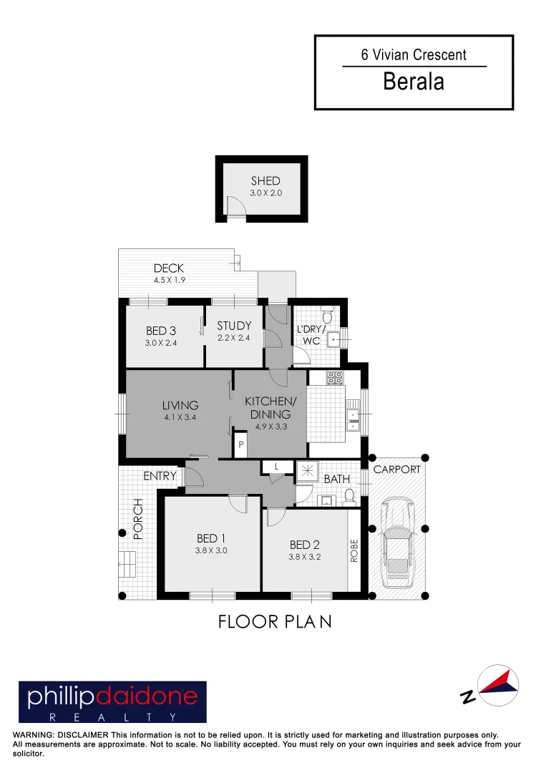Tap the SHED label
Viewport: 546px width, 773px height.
point(265,181)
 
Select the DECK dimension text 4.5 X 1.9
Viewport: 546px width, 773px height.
point(169,281)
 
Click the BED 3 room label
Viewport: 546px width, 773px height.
point(161,331)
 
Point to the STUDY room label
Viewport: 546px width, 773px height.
point(234,326)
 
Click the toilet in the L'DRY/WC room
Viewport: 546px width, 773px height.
point(327,314)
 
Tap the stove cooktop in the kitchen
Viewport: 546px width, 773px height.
point(335,379)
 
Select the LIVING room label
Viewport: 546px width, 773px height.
point(180,405)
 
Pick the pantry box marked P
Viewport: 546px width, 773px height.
point(241,445)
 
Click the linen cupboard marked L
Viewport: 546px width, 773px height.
point(276,467)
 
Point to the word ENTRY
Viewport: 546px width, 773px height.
point(160,476)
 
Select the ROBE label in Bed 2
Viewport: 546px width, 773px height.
point(354,550)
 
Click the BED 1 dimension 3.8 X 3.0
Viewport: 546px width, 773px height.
point(211,551)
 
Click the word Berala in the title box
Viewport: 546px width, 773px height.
point(414,82)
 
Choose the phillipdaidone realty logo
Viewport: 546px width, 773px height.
point(112,701)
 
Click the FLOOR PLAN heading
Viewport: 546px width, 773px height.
point(275,622)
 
